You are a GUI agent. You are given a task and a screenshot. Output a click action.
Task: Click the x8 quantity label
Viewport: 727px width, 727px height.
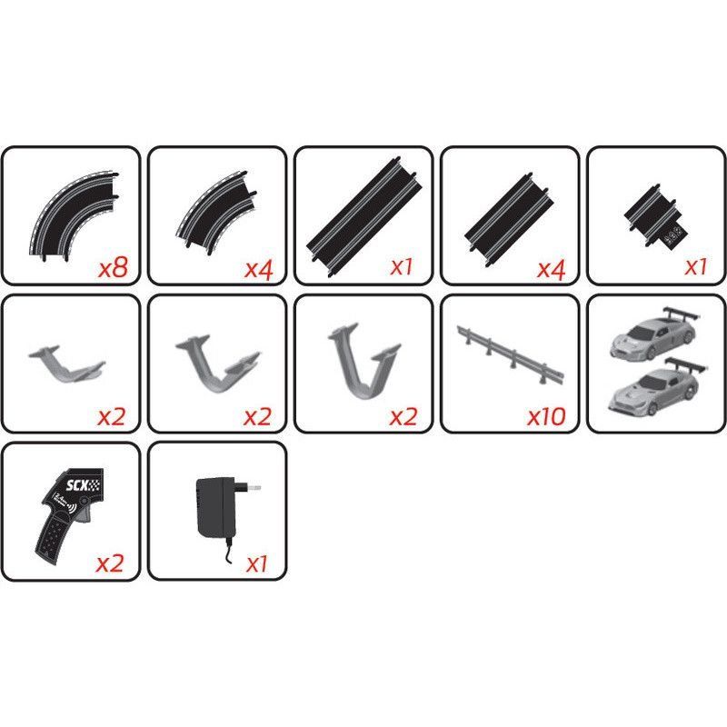113,267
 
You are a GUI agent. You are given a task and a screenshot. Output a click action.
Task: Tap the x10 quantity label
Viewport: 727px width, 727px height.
546,416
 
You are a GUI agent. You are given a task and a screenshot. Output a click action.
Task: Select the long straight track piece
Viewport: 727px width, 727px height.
364,217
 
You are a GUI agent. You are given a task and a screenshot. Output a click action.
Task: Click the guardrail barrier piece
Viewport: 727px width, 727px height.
511,354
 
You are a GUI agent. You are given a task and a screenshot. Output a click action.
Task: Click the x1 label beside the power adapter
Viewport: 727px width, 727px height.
257,564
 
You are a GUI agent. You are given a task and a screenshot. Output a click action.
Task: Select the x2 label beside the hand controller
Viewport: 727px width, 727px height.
110,563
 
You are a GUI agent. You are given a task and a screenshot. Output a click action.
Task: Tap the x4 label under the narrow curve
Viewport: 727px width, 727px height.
259,268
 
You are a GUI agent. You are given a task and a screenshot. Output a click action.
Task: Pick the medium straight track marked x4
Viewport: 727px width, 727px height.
509,220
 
